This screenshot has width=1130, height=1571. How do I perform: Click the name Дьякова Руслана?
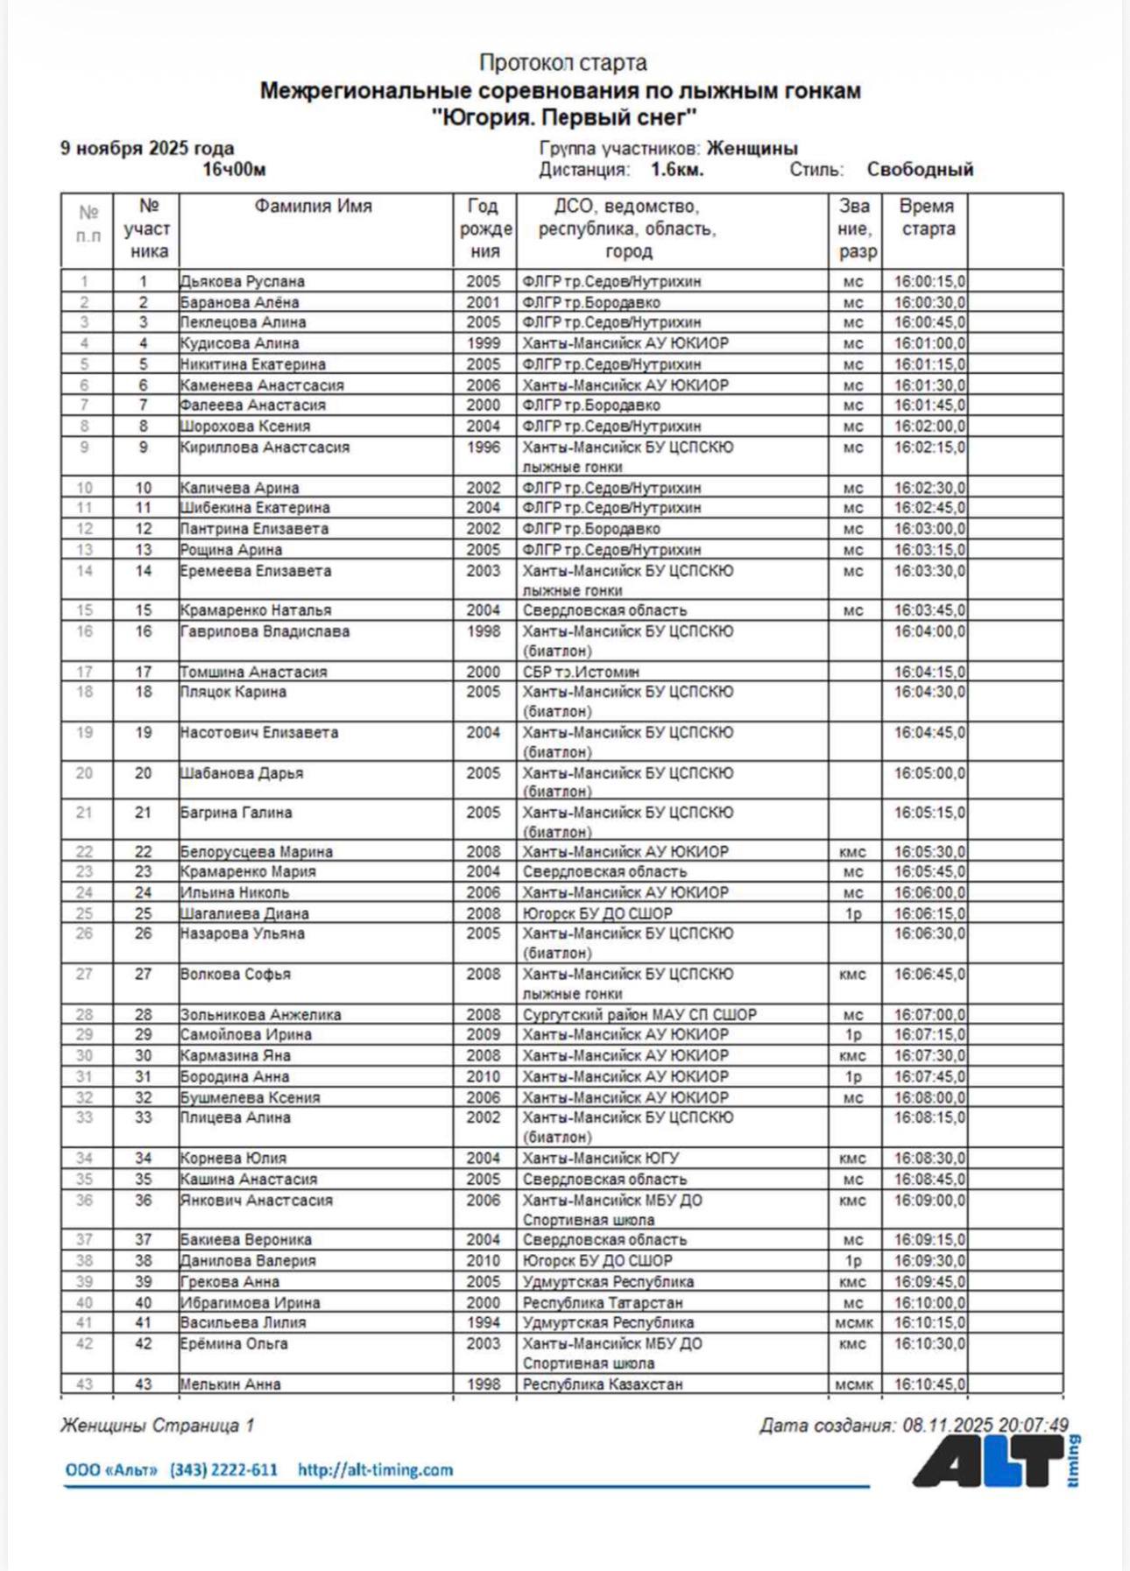pos(243,282)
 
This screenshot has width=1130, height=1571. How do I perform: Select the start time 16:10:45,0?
pos(929,1384)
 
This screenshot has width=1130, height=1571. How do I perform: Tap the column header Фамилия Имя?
pos(314,207)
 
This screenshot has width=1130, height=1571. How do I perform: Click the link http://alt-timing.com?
pos(375,1470)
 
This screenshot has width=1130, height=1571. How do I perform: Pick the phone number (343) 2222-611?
pos(223,1470)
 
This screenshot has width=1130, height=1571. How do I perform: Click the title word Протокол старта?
pos(562,63)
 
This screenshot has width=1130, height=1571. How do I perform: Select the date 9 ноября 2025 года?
pos(147,148)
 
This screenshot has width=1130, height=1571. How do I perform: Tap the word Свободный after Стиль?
pos(920,170)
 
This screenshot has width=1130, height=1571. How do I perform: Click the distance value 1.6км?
pos(676,170)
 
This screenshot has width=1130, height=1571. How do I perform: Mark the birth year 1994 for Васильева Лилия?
pos(484,1322)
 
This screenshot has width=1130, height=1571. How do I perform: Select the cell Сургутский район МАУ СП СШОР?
pos(639,1015)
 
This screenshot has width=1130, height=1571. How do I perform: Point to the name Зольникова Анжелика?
pos(260,1015)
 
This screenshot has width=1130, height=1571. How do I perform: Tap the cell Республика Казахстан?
pos(603,1384)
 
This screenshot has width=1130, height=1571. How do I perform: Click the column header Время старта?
pos(927,218)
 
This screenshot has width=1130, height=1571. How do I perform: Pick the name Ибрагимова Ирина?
pos(250,1302)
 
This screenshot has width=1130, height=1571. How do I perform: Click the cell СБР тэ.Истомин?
pos(581,673)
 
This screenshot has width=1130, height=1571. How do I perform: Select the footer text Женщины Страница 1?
pos(158,1426)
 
